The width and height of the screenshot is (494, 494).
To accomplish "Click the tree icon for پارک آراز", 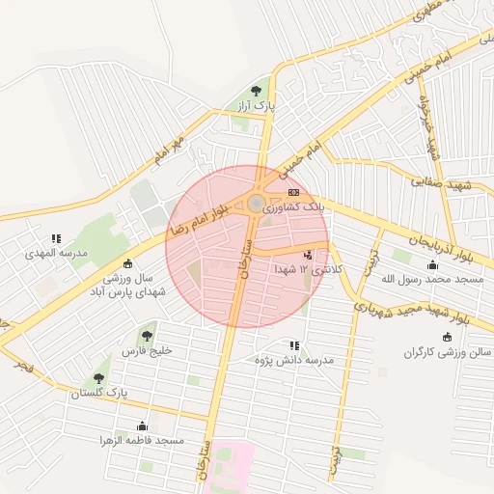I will tap(257, 91).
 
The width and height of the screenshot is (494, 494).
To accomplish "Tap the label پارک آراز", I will tap(258, 105).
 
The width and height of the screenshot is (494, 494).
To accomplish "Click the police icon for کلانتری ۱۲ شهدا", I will tap(308, 255).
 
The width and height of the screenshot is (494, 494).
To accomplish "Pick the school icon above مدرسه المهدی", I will tap(56, 238).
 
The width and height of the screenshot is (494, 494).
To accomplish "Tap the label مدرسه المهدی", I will tap(58, 253).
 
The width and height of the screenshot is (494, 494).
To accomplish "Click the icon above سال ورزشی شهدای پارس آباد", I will tap(128, 264).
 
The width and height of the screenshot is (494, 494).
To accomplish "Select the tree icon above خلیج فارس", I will tap(147, 336).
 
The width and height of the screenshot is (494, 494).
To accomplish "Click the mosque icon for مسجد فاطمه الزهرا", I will tap(143, 425).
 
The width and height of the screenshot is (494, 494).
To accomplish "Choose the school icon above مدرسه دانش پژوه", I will tap(293, 344).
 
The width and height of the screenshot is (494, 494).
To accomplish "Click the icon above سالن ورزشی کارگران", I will tap(447, 337).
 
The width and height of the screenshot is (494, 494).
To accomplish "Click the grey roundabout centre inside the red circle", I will tap(256, 204).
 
